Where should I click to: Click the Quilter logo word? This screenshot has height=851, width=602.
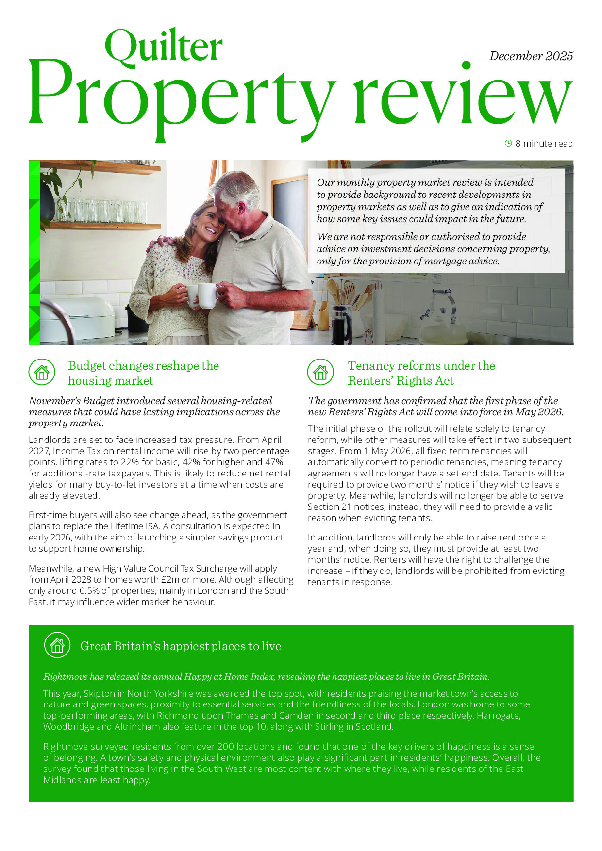coord(164,46)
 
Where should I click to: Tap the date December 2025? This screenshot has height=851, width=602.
coord(531,56)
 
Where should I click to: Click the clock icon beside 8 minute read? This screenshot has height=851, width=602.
coord(508,143)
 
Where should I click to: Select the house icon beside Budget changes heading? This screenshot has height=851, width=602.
coord(42,372)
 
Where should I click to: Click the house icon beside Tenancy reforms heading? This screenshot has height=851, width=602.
coord(320,372)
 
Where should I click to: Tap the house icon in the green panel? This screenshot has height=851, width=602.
coord(57,645)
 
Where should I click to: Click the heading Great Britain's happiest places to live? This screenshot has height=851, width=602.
coord(181,646)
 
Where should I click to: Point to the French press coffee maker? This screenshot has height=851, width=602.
coord(341,323)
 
